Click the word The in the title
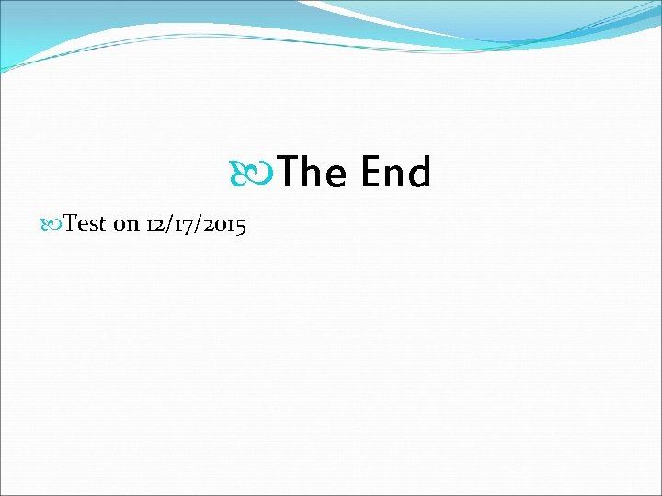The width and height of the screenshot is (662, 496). point(312,173)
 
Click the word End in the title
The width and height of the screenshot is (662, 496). point(396,173)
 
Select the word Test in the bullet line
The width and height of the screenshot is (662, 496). point(86,224)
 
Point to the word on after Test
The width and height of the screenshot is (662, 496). point(126,225)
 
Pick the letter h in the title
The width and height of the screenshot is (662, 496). point(312,172)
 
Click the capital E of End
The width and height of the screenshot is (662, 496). point(371,172)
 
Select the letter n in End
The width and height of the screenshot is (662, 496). point(395,175)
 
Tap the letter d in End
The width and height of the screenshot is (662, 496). point(419,172)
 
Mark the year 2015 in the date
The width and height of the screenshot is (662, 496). point(222,225)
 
